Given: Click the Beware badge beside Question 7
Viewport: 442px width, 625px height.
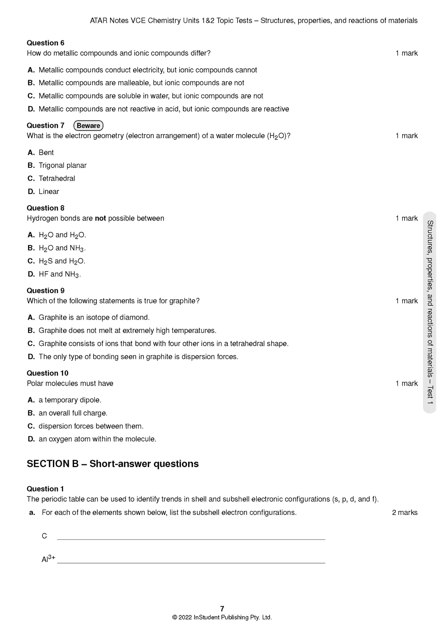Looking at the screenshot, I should (x=88, y=126).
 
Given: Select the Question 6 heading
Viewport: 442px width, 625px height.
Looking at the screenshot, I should (x=45, y=43).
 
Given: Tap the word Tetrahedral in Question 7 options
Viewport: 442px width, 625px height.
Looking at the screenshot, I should (x=57, y=178).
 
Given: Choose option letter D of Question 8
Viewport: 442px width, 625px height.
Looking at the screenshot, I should (x=31, y=274).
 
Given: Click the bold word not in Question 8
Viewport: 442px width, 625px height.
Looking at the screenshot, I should (x=100, y=219).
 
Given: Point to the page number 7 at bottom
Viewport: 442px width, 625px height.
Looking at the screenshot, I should (x=222, y=609).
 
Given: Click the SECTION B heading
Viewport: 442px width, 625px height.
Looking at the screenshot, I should (x=113, y=464).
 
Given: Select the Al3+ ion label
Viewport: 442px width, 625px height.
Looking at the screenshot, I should (x=48, y=559).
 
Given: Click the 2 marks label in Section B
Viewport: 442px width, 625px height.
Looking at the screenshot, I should (x=405, y=513).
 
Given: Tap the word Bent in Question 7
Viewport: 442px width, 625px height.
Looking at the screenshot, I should (x=46, y=153).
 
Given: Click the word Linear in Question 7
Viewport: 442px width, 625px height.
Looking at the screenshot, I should (x=49, y=192).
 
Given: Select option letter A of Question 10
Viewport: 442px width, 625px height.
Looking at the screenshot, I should (x=31, y=400).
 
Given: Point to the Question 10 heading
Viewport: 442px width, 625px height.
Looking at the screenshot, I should (x=47, y=373).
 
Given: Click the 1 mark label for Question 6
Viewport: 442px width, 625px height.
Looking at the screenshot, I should (x=407, y=53).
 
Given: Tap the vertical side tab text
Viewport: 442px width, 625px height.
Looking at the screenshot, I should (x=430, y=312).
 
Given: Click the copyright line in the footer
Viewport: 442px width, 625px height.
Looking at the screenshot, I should (x=222, y=617).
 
